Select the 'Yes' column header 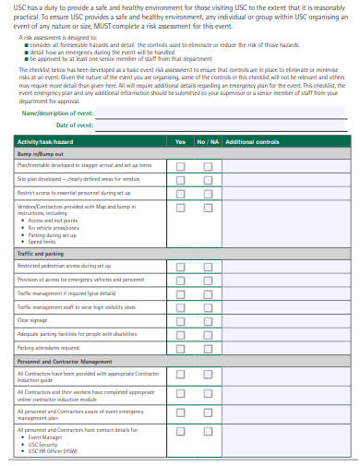[x=180, y=141]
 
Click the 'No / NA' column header [x=208, y=141]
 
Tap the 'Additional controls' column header [x=252, y=141]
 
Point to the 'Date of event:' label [x=75, y=125]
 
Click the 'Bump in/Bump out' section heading [x=38, y=154]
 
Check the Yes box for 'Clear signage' [x=180, y=320]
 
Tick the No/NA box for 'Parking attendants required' [x=208, y=348]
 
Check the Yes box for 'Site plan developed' [x=180, y=179]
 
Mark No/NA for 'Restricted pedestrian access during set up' [x=208, y=266]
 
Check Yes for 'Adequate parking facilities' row [x=180, y=334]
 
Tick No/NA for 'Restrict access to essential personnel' [x=208, y=193]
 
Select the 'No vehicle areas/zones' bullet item [x=50, y=228]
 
